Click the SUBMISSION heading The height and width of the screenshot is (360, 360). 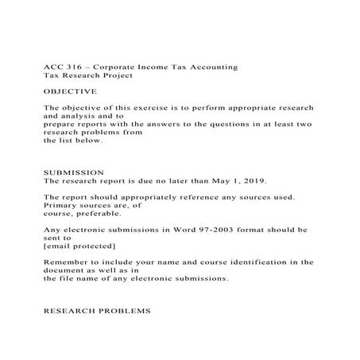pos(72,172)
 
